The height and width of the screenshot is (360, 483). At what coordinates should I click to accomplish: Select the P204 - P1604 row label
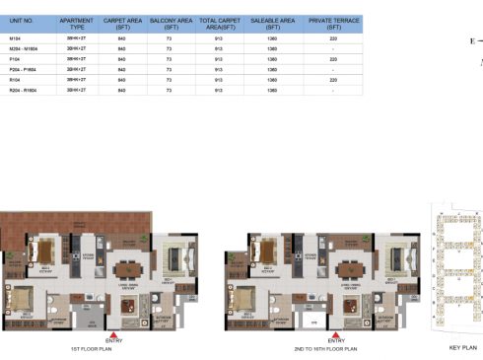[x=22, y=69]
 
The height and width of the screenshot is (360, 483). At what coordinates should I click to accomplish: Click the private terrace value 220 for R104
[x=334, y=80]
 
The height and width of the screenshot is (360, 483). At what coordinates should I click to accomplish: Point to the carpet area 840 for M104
[x=121, y=36]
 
